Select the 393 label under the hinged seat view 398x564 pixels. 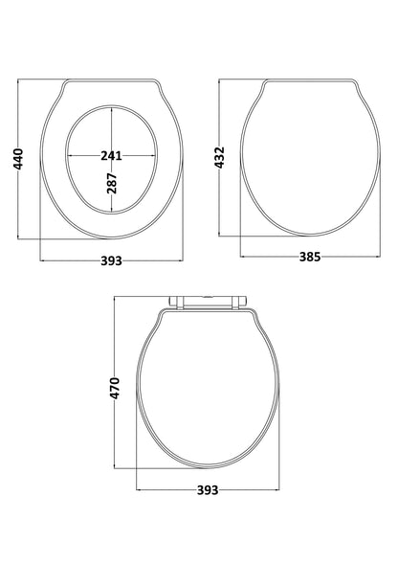pyautogui.click(x=208, y=490)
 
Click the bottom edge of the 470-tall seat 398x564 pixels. pyautogui.click(x=208, y=469)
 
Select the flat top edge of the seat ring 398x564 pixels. pyautogui.click(x=112, y=80)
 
